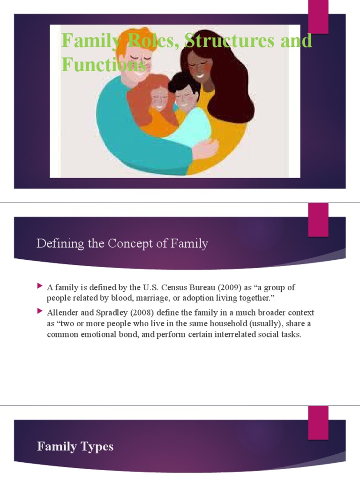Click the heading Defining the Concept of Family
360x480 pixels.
tap(122, 244)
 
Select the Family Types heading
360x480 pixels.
tap(75, 446)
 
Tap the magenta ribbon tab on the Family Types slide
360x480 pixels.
tap(318, 423)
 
